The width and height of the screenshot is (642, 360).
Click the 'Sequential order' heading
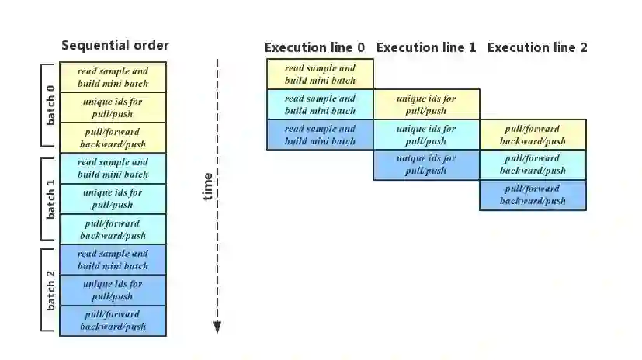click(x=115, y=45)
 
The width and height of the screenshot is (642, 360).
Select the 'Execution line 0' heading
click(x=314, y=47)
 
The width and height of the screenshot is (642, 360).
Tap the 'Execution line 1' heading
click(x=426, y=47)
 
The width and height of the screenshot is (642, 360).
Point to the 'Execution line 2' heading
click(x=537, y=47)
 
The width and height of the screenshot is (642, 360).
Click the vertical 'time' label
click(x=207, y=186)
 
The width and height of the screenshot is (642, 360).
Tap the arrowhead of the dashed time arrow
click(x=217, y=327)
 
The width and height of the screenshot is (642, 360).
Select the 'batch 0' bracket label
click(x=50, y=105)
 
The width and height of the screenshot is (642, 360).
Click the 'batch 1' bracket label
click(x=50, y=198)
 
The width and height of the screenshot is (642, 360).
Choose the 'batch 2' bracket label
click(x=50, y=291)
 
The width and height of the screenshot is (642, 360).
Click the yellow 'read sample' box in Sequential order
click(x=113, y=77)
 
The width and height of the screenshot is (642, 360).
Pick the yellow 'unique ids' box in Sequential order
click(x=113, y=107)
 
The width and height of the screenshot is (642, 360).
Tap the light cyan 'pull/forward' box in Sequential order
click(x=113, y=229)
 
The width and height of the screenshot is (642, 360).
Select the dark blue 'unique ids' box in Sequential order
click(x=113, y=290)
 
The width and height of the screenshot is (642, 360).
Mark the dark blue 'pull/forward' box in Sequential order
click(x=113, y=320)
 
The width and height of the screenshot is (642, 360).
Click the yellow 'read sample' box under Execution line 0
click(x=320, y=74)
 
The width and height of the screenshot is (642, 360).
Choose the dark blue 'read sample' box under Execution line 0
click(x=320, y=134)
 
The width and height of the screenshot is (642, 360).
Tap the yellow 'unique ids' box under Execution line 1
click(x=426, y=104)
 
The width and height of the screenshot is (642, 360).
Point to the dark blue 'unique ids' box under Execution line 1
click(x=426, y=164)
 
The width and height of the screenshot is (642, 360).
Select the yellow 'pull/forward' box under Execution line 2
click(x=533, y=134)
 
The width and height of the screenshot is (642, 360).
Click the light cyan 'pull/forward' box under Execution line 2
click(x=533, y=164)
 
